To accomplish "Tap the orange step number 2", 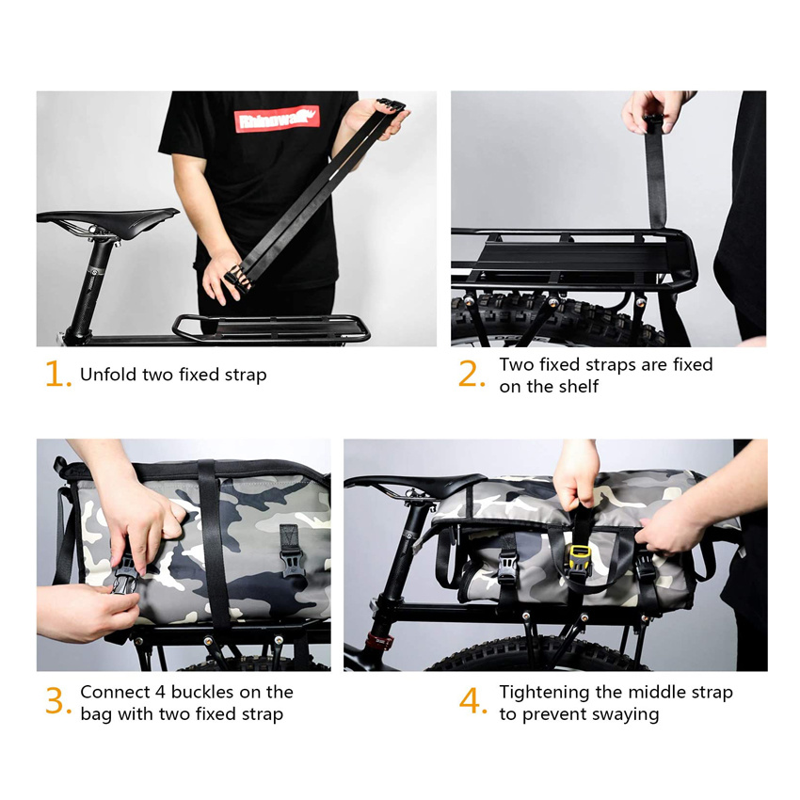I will [x=470, y=375].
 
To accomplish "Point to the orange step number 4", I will [x=471, y=702].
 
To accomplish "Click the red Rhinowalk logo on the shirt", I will [x=277, y=119].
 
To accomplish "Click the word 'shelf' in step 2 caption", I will [x=576, y=387].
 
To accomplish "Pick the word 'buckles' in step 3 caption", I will [x=197, y=692].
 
